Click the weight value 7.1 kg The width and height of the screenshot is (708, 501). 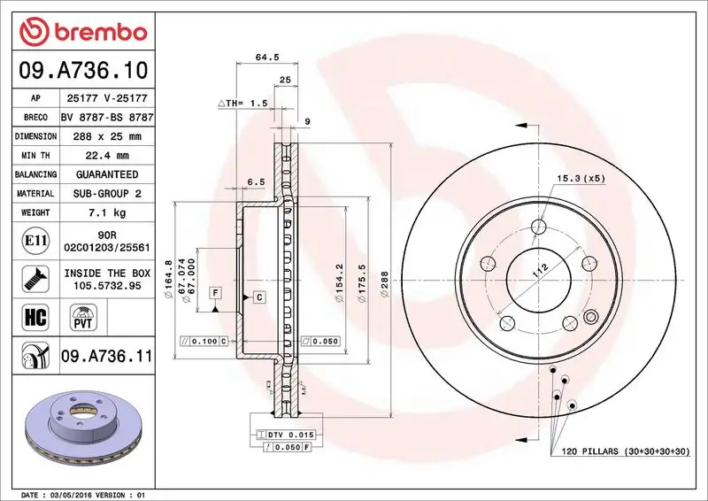pos(107,212)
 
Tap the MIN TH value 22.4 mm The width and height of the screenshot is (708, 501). pos(107,156)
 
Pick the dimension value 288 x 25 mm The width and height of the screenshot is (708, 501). pos(107,136)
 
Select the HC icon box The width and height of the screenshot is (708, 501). pos(31,316)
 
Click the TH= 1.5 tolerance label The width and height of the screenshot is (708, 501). pos(242,104)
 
